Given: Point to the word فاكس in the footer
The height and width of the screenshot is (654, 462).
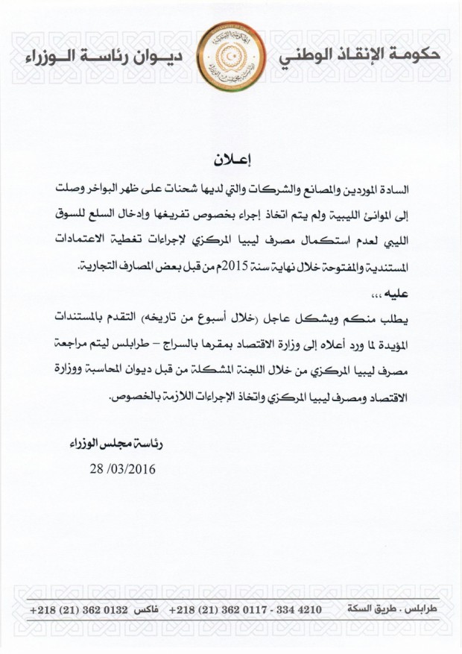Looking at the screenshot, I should coord(141,610).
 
